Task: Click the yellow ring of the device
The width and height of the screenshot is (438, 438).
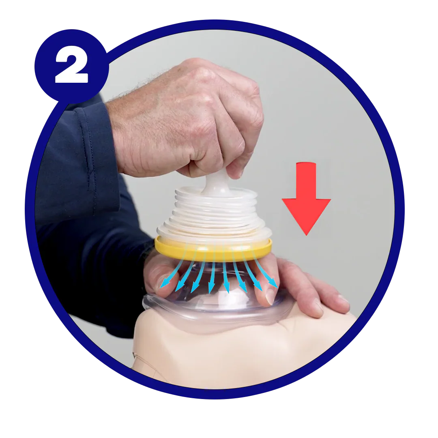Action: tap(213, 249)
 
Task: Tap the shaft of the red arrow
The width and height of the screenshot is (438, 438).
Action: tap(306, 178)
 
